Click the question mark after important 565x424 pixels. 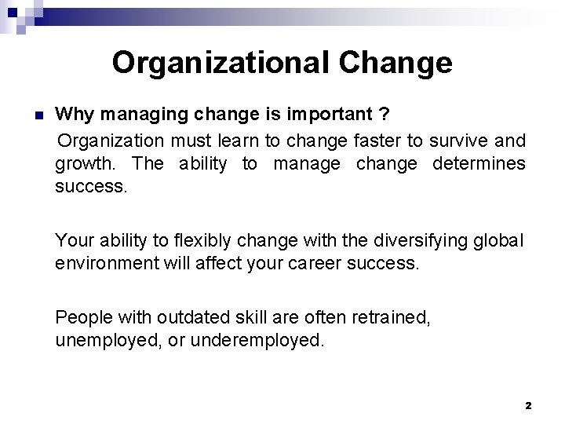(383, 115)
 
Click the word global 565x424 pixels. (498, 239)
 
